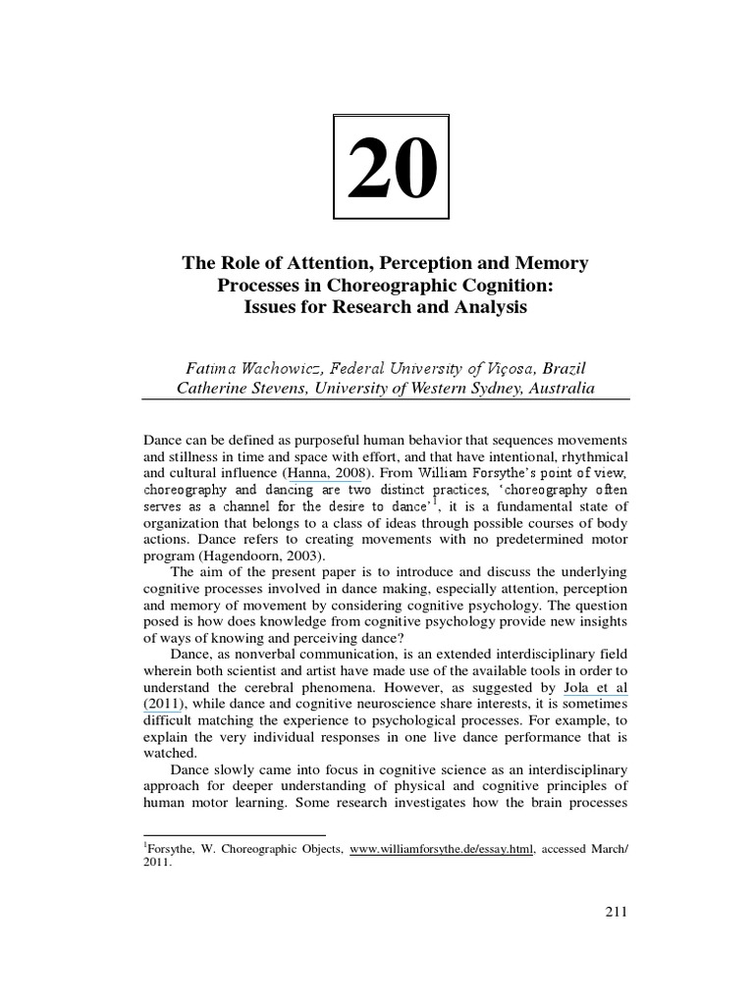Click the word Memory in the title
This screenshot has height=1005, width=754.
(x=552, y=264)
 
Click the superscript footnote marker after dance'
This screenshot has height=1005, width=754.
(x=439, y=500)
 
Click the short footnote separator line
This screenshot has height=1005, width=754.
(x=221, y=835)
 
